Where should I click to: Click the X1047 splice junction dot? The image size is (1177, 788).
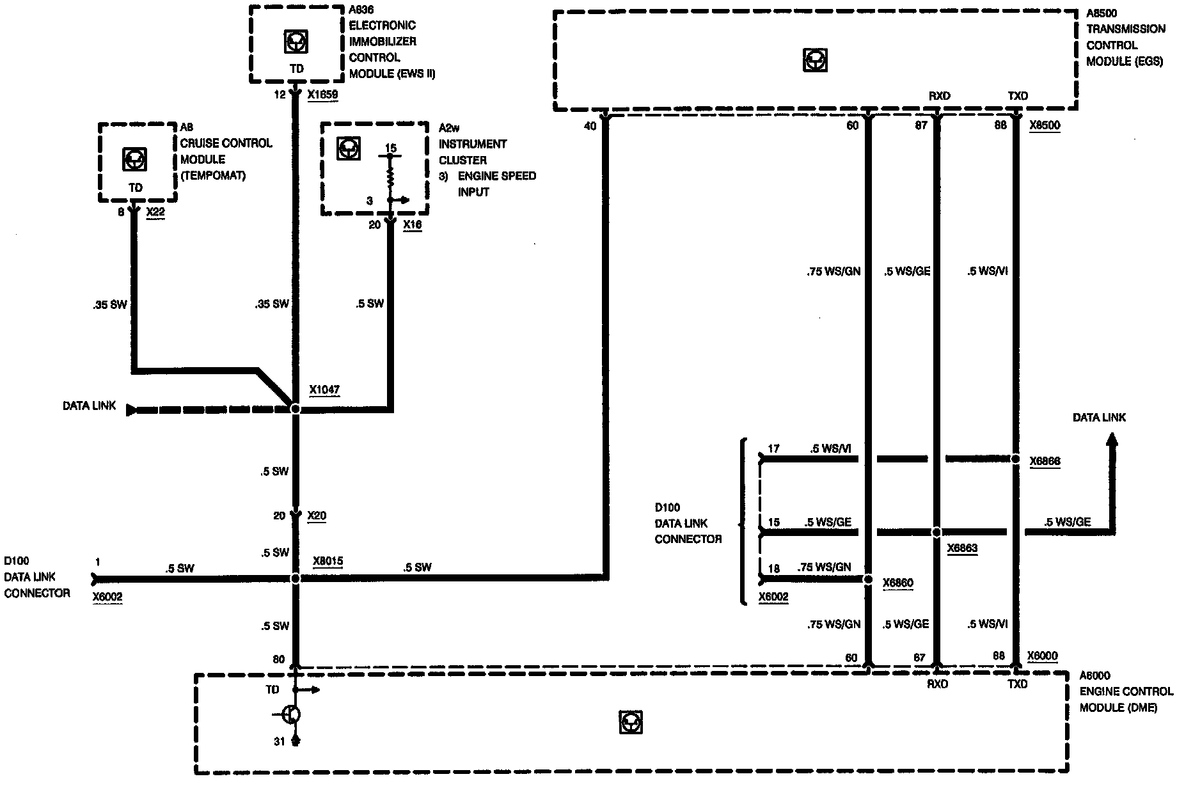point(295,408)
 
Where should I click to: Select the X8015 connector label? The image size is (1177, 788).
point(328,562)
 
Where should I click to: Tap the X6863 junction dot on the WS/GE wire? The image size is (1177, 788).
point(936,532)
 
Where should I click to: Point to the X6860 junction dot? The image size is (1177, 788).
point(868,579)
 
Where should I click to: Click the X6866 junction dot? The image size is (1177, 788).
point(1015,459)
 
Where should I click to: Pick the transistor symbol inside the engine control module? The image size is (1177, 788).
point(291,714)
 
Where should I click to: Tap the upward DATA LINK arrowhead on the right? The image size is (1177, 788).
point(1112,440)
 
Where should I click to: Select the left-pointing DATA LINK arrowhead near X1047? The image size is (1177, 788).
point(132,409)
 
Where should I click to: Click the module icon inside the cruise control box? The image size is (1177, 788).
point(135,159)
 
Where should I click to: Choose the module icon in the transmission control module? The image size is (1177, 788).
point(814,61)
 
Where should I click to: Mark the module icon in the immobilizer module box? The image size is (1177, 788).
point(294,42)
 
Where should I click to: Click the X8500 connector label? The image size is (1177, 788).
point(1045,125)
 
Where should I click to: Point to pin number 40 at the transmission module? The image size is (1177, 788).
point(590,126)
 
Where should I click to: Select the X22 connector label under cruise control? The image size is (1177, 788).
point(155,212)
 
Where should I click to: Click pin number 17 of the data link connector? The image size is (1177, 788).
point(773,448)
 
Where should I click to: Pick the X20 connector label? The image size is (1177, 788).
point(317,516)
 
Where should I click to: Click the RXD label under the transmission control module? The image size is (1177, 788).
point(939,96)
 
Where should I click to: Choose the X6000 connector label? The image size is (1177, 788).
point(1042,656)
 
